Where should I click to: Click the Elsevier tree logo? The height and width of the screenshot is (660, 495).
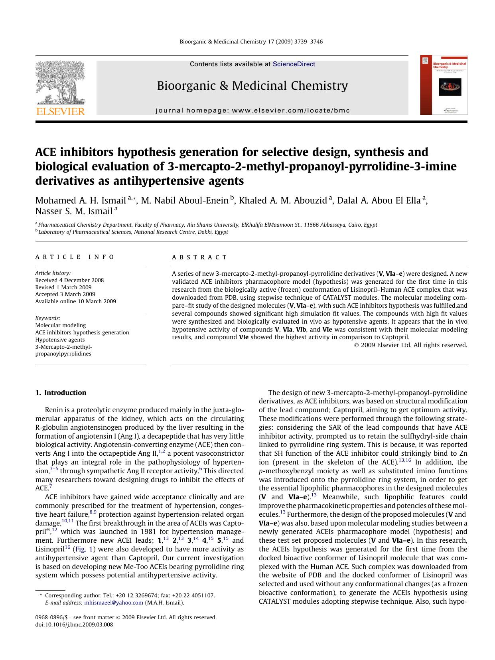[x=60, y=83]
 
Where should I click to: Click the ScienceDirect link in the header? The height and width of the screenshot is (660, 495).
[x=294, y=64]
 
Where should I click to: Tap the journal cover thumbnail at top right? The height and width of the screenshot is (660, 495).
[x=443, y=85]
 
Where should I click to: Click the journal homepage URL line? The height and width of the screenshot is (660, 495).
[x=252, y=111]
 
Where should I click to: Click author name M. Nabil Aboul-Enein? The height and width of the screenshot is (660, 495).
[x=185, y=200]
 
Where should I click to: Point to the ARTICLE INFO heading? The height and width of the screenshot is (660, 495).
[x=75, y=257]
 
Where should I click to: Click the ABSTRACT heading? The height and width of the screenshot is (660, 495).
[x=199, y=257]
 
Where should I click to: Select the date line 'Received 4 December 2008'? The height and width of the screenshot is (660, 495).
[x=69, y=280]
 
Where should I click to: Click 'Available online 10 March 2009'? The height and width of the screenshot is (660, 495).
[x=75, y=301]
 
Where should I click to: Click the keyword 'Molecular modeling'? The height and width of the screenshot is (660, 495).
[x=60, y=325]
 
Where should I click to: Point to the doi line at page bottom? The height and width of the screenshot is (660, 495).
[x=74, y=624]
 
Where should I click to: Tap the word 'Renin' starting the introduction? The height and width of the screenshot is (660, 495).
[x=53, y=410]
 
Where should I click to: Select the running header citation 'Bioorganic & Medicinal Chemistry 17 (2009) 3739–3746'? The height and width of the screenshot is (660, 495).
[x=251, y=41]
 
